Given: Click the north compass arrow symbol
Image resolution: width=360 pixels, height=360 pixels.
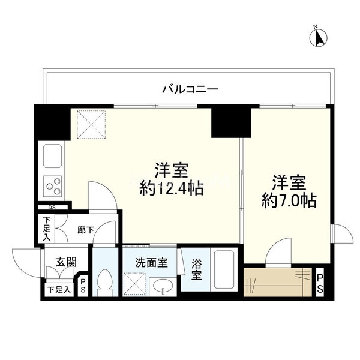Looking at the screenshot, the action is tap(319, 37).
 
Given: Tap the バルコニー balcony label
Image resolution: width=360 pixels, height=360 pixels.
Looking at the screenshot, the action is tap(190, 89).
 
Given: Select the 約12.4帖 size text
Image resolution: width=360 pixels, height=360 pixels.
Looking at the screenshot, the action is tap(172, 188).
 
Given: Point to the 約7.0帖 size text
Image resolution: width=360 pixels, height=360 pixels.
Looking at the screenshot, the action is tap(289, 201).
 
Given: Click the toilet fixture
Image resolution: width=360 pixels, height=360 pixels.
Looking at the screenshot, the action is tap(104, 283).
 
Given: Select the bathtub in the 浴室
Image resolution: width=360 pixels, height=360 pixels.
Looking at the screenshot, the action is tap(224, 270).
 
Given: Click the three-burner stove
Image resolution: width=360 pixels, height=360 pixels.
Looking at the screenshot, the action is tap(53, 186).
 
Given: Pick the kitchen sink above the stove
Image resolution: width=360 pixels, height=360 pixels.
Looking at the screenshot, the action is tap(53, 156).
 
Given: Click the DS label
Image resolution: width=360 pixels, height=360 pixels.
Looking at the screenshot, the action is tap(52, 208).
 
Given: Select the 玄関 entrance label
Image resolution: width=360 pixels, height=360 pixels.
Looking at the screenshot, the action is tap(66, 262).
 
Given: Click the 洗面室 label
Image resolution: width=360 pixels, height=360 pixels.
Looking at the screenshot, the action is tap(151, 263).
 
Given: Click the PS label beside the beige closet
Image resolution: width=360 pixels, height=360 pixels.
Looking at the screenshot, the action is tap(320, 284).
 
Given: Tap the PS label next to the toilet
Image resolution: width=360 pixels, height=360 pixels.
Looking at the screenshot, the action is tap(83, 286).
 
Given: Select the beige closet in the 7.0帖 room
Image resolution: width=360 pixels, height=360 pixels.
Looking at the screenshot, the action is tap(278, 282).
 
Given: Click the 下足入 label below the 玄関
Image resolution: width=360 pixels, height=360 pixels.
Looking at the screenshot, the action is tap(59, 290).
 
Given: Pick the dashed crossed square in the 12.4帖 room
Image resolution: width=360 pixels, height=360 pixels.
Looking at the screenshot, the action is tap(91, 125).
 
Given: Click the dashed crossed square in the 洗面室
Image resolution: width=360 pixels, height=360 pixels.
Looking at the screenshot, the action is tap(134, 284).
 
